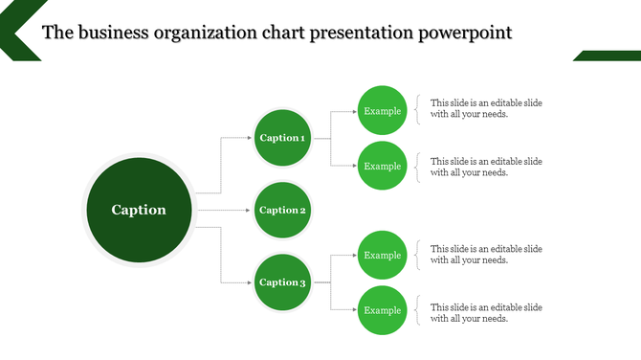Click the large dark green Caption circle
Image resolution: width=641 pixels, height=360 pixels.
pyautogui.click(x=139, y=210)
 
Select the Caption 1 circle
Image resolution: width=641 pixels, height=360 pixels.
pyautogui.click(x=282, y=138)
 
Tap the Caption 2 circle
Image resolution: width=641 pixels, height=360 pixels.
pyautogui.click(x=282, y=210)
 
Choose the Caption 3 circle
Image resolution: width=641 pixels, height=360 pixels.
pyautogui.click(x=282, y=282)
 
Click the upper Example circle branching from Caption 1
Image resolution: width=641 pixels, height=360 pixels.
pyautogui.click(x=383, y=111)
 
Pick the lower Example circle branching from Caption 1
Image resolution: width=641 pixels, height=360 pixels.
pyautogui.click(x=383, y=166)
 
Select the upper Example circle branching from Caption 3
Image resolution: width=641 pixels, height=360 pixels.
pyautogui.click(x=383, y=255)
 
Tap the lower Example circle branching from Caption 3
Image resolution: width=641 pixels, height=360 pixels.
pyautogui.click(x=383, y=310)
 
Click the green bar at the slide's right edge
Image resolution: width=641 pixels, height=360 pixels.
pyautogui.click(x=608, y=56)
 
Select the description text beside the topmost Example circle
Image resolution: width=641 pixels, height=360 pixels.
pyautogui.click(x=486, y=108)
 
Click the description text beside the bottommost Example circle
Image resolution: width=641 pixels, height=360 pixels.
pyautogui.click(x=486, y=313)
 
